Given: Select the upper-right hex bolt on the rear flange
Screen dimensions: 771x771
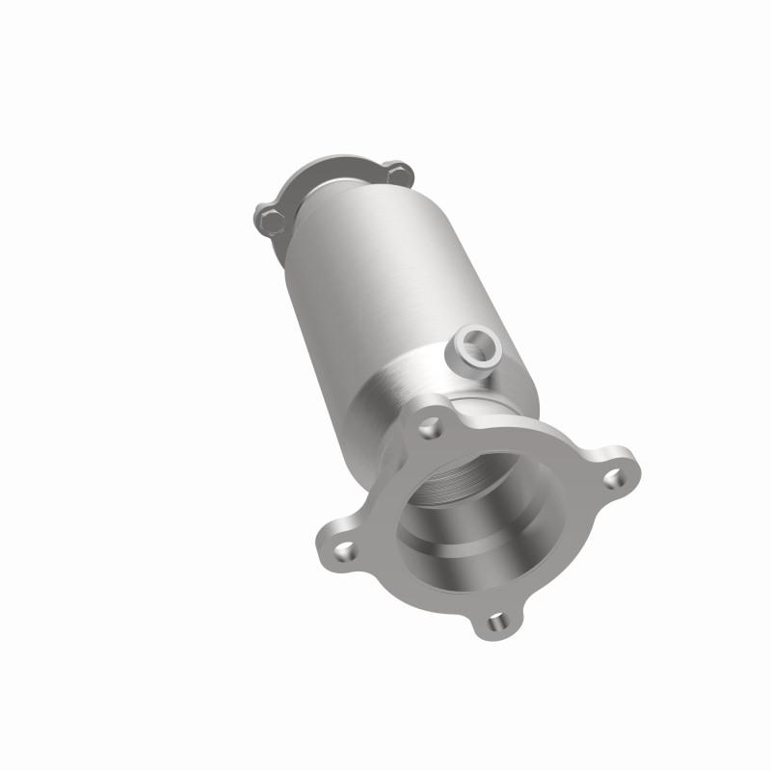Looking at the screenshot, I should pyautogui.click(x=397, y=174).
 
